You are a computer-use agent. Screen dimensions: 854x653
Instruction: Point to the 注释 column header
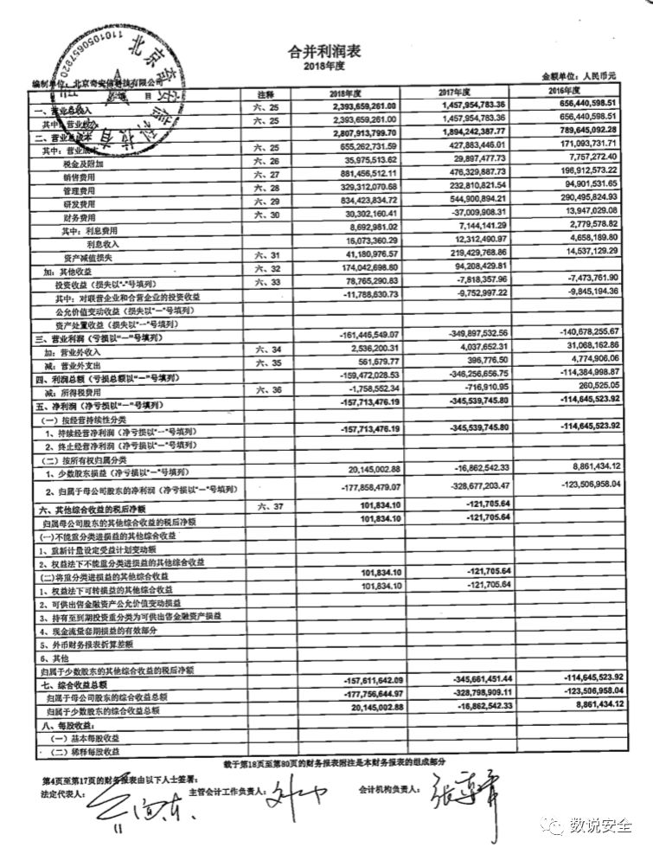coord(266,93)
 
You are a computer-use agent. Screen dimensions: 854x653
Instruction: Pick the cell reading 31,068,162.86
coord(587,344)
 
